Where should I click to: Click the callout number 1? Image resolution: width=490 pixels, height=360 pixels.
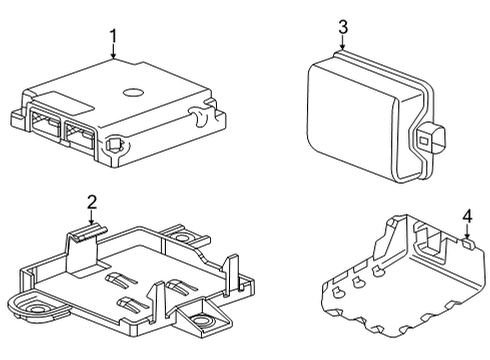click(114, 37)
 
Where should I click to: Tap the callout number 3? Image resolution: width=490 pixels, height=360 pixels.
click(342, 27)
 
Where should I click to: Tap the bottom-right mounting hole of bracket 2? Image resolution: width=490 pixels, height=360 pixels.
click(203, 322)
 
